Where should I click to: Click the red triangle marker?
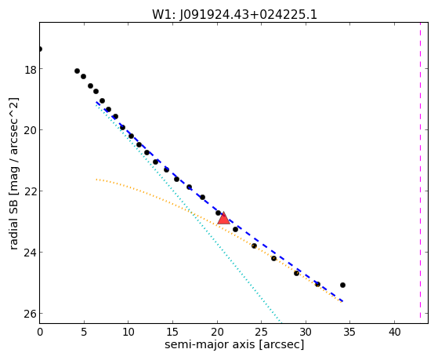[x=223, y=219]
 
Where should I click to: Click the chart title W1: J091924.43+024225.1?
[x=234, y=14]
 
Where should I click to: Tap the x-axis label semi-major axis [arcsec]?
[x=234, y=344]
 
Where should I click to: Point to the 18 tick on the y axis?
[x=31, y=69]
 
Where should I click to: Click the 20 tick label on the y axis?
[x=31, y=130]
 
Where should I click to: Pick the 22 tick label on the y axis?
[x=31, y=191]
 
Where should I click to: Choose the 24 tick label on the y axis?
[x=31, y=253]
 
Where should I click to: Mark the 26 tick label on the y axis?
[x=31, y=314]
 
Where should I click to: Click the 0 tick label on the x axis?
[x=40, y=332]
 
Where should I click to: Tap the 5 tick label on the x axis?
[x=84, y=332]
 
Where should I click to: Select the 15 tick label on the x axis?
[x=172, y=332]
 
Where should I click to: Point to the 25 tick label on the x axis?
[x=261, y=332]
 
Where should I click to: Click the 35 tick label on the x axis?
[x=350, y=332]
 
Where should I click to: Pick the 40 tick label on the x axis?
[x=394, y=332]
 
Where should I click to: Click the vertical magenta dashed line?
[x=420, y=173]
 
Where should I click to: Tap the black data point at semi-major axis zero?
[x=40, y=49]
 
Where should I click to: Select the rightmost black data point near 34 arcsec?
[x=342, y=285]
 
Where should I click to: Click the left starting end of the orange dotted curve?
[x=96, y=180]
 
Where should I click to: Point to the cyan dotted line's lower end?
[x=281, y=322]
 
